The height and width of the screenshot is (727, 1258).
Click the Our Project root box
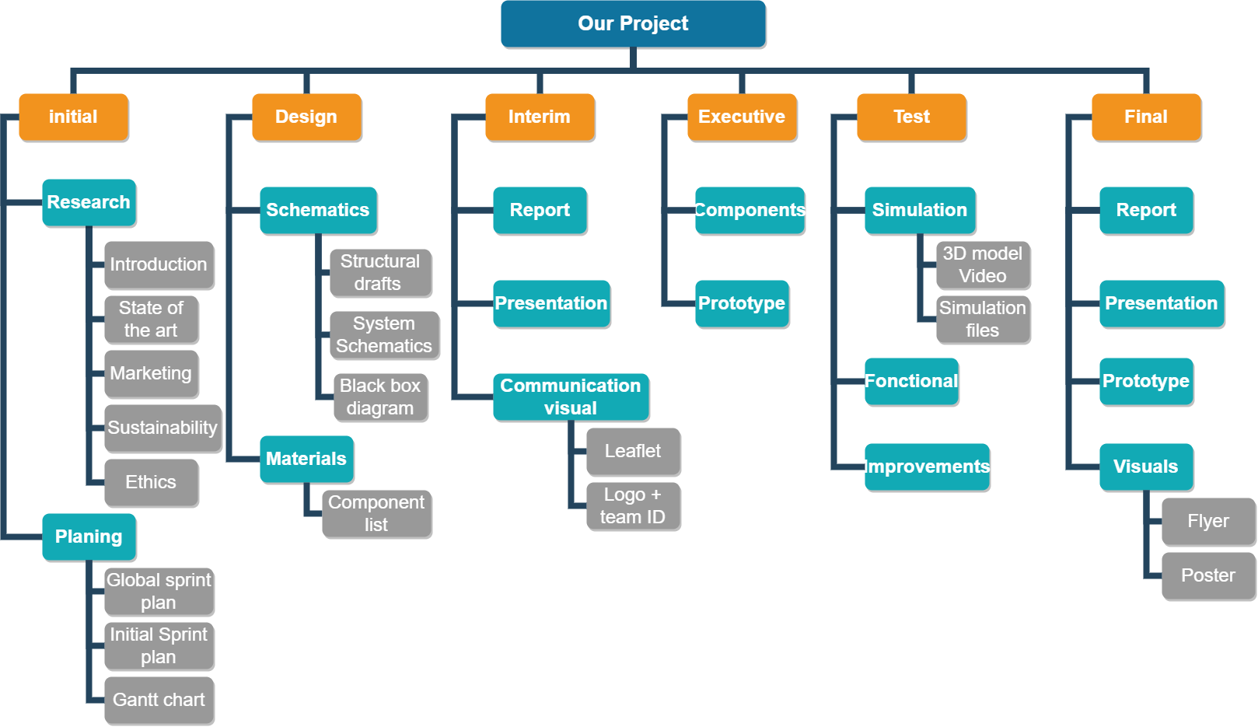[633, 23]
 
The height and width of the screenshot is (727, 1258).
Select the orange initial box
[73, 117]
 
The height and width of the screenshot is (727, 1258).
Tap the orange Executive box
[742, 117]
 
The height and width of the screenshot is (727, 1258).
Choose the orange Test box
[911, 117]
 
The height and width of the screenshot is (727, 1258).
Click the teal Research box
[89, 202]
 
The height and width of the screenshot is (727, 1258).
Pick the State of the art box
[151, 319]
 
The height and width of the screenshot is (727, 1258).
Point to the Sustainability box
[162, 428]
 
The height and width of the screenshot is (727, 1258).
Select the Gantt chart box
[159, 700]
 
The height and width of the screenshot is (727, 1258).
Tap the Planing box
[89, 537]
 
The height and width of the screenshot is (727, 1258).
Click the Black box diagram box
[380, 397]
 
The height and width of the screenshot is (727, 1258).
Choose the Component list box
[376, 513]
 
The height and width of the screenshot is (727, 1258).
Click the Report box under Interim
[540, 210]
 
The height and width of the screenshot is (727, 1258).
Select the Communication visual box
[571, 397]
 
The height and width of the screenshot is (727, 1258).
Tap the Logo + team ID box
[633, 505]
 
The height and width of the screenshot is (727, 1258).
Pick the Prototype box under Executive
[742, 303]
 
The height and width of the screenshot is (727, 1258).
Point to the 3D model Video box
[983, 264]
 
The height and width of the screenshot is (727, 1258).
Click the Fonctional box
[911, 381]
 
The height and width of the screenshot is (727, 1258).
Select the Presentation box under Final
[1162, 303]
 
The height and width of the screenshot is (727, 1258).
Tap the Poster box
[1208, 575]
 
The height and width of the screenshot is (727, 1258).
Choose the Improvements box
[927, 467]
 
